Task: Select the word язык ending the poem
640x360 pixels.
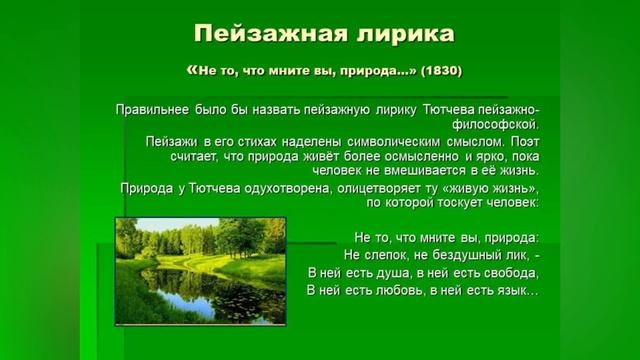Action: [519, 290]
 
